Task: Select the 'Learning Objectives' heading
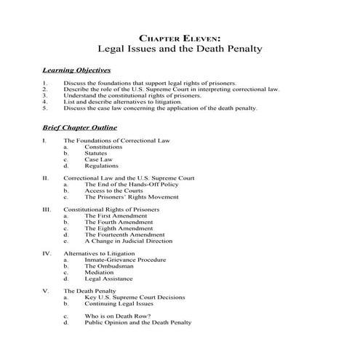tap(76, 71)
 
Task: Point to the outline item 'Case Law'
tap(98, 159)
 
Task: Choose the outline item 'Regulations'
tap(101, 166)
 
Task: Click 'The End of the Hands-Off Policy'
tap(131, 184)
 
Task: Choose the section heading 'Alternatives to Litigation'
tap(105, 253)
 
